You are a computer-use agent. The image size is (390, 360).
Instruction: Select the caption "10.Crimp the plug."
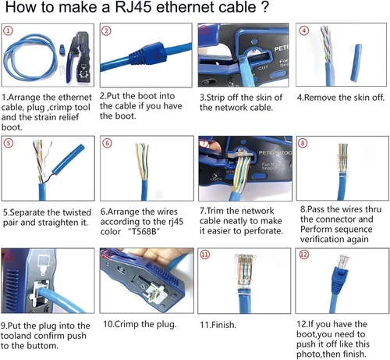point(139,323)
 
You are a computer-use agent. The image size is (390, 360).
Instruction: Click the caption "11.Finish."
point(220,323)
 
